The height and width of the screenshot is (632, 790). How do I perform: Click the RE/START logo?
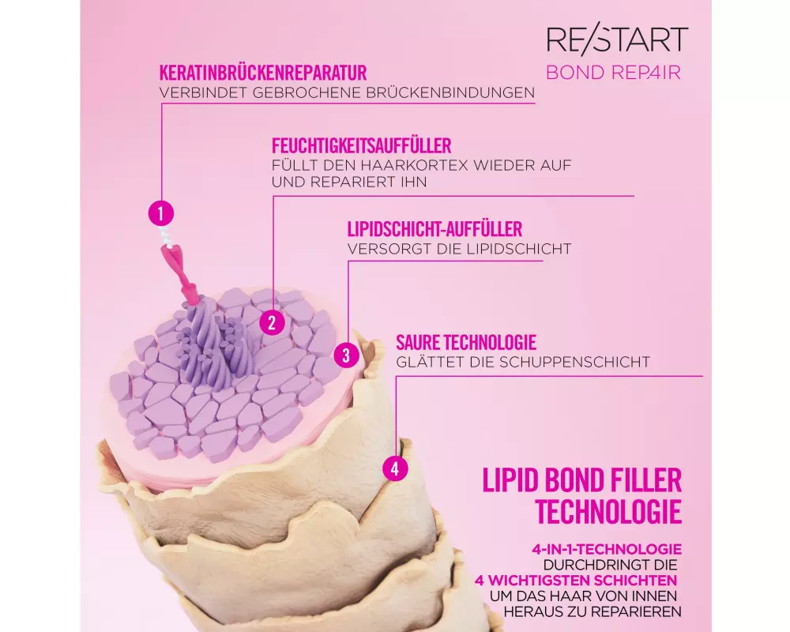click(617, 40)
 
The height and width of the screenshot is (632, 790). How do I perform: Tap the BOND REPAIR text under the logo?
click(613, 73)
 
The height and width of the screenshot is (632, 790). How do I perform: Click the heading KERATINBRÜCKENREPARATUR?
click(263, 73)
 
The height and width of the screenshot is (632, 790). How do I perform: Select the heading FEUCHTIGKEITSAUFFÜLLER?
click(361, 145)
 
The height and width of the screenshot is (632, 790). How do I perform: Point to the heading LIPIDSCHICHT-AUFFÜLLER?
click(434, 229)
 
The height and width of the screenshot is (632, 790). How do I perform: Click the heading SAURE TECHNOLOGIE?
click(466, 342)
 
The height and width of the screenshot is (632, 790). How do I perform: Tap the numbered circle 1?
click(160, 213)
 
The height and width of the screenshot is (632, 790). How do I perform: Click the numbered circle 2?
click(272, 322)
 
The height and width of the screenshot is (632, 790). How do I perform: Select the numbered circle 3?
click(346, 355)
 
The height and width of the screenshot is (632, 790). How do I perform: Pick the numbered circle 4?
click(395, 468)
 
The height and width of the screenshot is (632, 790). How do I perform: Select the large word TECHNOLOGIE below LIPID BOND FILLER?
click(608, 512)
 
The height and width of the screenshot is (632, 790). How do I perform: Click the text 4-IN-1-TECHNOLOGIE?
click(607, 549)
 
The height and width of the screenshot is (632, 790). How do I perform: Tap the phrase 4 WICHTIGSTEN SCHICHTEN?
click(575, 580)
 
